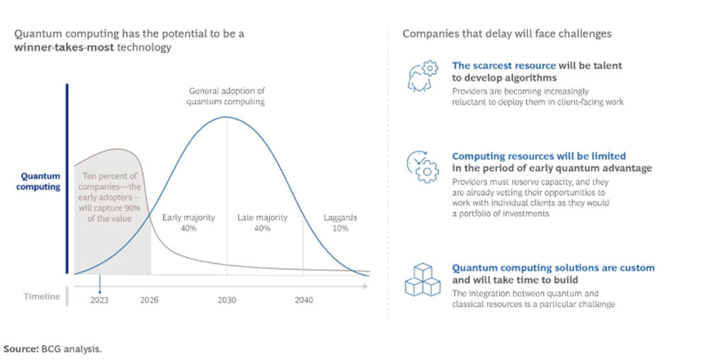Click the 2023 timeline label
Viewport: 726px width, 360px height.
100,300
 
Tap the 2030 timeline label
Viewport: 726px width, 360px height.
227,300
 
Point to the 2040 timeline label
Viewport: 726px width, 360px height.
303,300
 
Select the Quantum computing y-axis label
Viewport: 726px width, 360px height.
40,181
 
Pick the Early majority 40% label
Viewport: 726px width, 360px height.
189,222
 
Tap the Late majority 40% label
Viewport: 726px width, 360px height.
262,222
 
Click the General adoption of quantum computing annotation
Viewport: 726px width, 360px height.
226,96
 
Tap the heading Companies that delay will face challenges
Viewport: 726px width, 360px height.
507,33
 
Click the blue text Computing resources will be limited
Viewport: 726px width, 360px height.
539,156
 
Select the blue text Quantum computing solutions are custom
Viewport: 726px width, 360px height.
553,268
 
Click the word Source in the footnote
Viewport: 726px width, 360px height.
20,349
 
